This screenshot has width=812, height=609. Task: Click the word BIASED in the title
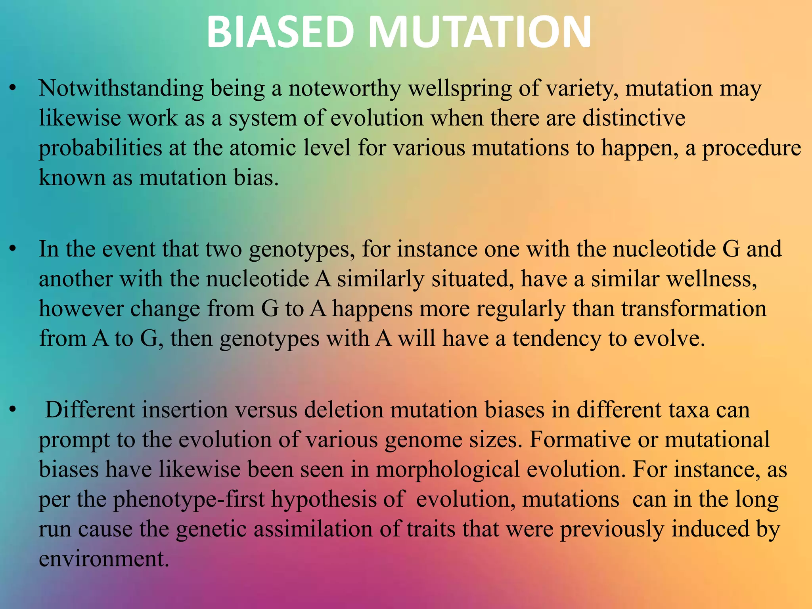pyautogui.click(x=280, y=32)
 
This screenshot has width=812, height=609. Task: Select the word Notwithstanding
pyautogui.click(x=121, y=88)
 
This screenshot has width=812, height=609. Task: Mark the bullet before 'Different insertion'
pyautogui.click(x=13, y=410)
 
